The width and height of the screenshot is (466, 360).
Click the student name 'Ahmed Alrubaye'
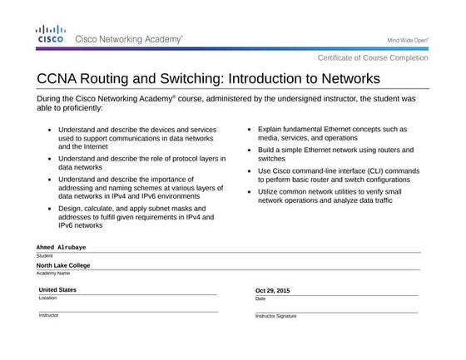pos(62,248)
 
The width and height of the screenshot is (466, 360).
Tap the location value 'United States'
pos(57,290)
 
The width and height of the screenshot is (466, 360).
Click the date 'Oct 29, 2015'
pos(273,291)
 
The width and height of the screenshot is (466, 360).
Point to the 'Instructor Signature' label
pos(275,316)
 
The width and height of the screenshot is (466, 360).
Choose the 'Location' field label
pos(48,298)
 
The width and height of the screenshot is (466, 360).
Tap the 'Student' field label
pos(44,255)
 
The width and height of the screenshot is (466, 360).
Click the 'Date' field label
pos(260,298)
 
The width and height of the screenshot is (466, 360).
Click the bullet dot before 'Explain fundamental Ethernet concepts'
pos(250,131)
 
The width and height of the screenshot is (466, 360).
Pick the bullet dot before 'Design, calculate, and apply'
pos(51,208)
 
